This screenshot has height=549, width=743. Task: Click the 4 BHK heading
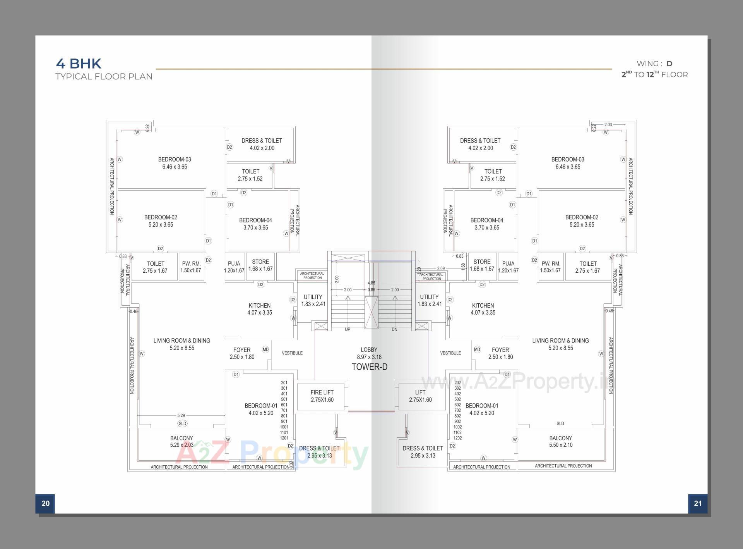(x=79, y=63)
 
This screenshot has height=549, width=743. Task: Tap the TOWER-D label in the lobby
(x=369, y=367)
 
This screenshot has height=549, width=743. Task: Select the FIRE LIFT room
(x=322, y=396)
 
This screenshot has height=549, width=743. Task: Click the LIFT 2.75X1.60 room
(x=420, y=396)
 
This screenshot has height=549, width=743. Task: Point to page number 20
(x=45, y=503)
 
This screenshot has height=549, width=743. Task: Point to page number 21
(x=698, y=503)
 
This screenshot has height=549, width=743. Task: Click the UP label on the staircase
(x=348, y=329)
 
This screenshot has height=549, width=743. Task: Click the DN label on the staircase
(x=394, y=329)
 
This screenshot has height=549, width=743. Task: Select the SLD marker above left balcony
(x=182, y=423)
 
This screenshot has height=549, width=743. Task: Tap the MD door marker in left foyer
(x=265, y=349)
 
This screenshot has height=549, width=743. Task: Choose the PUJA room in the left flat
(x=234, y=267)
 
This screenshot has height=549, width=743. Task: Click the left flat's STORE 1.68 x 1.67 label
(x=260, y=265)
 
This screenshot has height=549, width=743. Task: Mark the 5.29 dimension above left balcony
(x=181, y=415)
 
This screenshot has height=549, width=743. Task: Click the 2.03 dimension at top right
(x=608, y=125)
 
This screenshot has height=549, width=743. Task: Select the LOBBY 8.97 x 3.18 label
(x=369, y=353)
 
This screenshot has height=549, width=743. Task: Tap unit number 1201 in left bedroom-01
(x=284, y=438)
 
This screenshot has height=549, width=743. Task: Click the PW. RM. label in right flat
(x=551, y=267)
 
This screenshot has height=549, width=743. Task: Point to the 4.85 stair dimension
(x=371, y=283)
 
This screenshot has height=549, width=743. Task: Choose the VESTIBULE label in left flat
(x=292, y=353)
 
